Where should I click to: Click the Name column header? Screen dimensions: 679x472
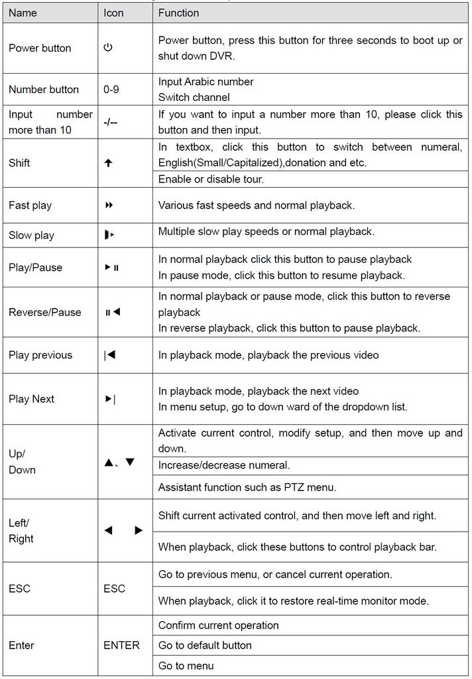pos(23,13)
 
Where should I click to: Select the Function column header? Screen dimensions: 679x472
pos(178,13)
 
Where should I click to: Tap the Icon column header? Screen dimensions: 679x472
pos(114,13)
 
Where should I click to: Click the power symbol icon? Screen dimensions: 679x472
pos(108,48)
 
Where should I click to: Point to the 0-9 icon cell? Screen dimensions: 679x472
pos(111,90)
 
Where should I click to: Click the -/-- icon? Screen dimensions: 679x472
pos(111,122)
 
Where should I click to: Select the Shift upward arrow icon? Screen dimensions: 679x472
pos(109,163)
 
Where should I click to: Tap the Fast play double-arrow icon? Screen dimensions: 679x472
pos(109,205)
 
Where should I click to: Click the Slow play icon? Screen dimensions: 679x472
pos(109,235)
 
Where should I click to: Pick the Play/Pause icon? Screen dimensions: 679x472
pos(111,267)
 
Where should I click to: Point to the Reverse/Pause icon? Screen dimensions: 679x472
pos(112,312)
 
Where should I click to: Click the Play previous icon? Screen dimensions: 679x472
pos(110,355)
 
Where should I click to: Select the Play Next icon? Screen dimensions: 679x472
pos(110,399)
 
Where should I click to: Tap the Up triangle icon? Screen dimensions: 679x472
pos(109,462)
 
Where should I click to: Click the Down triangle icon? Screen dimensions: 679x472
pos(130,462)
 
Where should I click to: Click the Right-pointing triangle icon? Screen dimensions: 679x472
pos(139,530)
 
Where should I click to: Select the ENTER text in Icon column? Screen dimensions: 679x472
pos(121,645)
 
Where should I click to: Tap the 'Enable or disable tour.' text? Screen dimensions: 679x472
pos(211,179)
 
